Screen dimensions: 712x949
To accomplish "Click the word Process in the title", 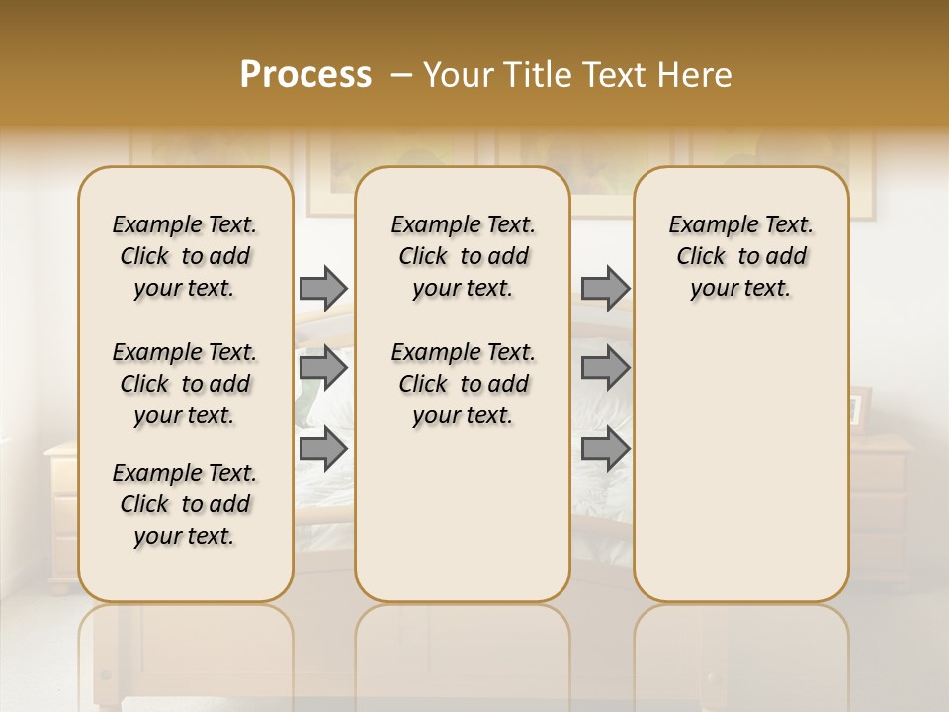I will [305, 75].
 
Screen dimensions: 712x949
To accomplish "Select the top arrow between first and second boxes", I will [323, 288].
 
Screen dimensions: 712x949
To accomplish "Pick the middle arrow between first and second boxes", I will [323, 368].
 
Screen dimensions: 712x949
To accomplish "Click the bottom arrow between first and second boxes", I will [323, 448].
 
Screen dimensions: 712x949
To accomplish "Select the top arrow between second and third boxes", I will [605, 288].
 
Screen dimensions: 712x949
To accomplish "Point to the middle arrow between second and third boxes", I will [605, 368].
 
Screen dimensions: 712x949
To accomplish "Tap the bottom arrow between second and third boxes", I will [605, 448].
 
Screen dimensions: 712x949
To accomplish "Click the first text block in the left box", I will [185, 256].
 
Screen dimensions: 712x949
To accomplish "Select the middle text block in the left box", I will [185, 384].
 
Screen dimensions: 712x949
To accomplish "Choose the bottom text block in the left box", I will [185, 504].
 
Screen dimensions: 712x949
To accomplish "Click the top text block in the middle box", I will [463, 256].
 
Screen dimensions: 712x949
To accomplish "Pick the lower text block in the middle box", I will [463, 384].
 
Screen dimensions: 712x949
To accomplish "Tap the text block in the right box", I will [741, 256].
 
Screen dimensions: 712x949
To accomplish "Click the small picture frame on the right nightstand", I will [859, 406].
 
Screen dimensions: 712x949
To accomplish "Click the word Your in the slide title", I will [458, 75].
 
